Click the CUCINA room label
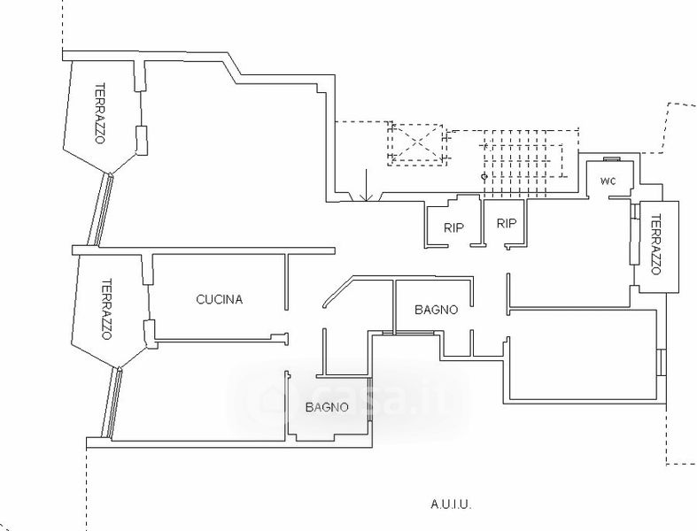click(x=219, y=299)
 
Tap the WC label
click(x=608, y=181)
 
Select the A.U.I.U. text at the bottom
click(x=451, y=504)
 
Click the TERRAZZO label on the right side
click(x=655, y=244)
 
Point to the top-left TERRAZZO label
click(x=100, y=113)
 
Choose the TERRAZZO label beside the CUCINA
click(x=106, y=309)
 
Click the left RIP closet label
click(x=453, y=228)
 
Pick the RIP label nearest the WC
click(x=507, y=224)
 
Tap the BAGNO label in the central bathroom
click(x=436, y=310)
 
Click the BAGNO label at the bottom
click(x=327, y=407)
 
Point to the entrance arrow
click(x=366, y=185)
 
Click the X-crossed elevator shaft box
click(x=416, y=145)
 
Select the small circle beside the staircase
click(x=484, y=177)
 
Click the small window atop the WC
click(x=612, y=158)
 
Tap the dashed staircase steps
click(x=523, y=164)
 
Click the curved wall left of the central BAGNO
click(x=337, y=289)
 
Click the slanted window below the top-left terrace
click(x=100, y=209)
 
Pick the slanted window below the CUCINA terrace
click(x=111, y=403)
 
